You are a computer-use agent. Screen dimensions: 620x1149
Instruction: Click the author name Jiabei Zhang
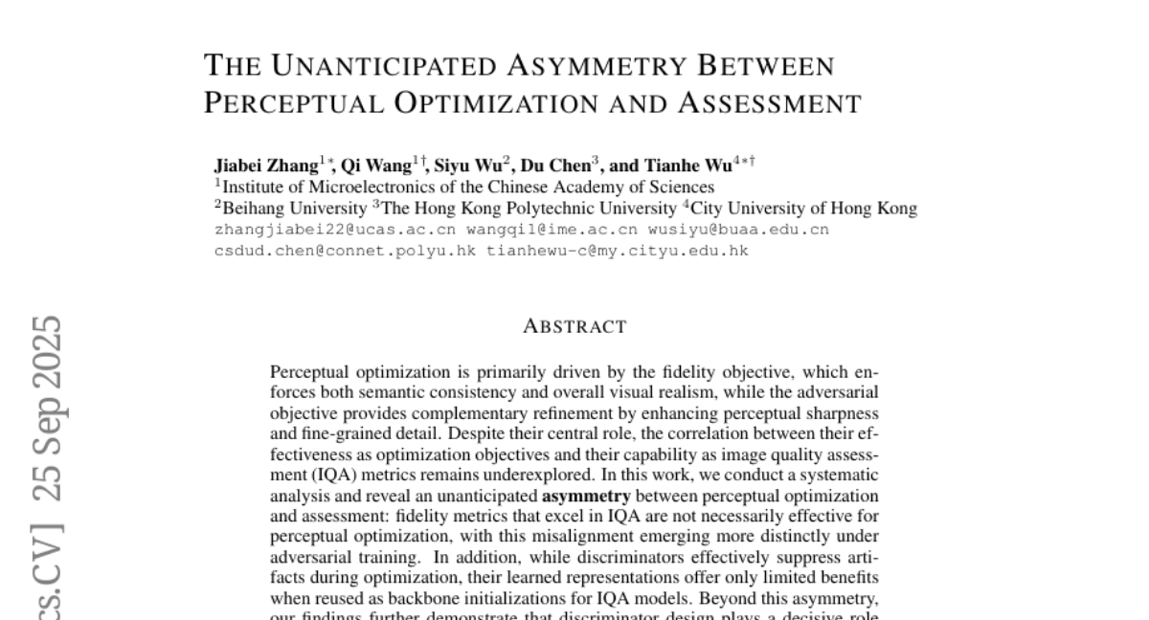266,165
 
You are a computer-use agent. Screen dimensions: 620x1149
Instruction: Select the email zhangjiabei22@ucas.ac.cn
335,231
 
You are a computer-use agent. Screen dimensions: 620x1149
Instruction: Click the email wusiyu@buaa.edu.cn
738,231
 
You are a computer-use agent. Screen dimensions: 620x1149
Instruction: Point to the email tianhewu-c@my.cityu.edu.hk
617,251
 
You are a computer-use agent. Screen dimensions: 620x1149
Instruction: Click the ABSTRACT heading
574,327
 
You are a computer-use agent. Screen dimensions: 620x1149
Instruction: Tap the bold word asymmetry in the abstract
586,497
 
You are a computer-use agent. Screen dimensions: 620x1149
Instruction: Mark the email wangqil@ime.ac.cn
552,231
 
